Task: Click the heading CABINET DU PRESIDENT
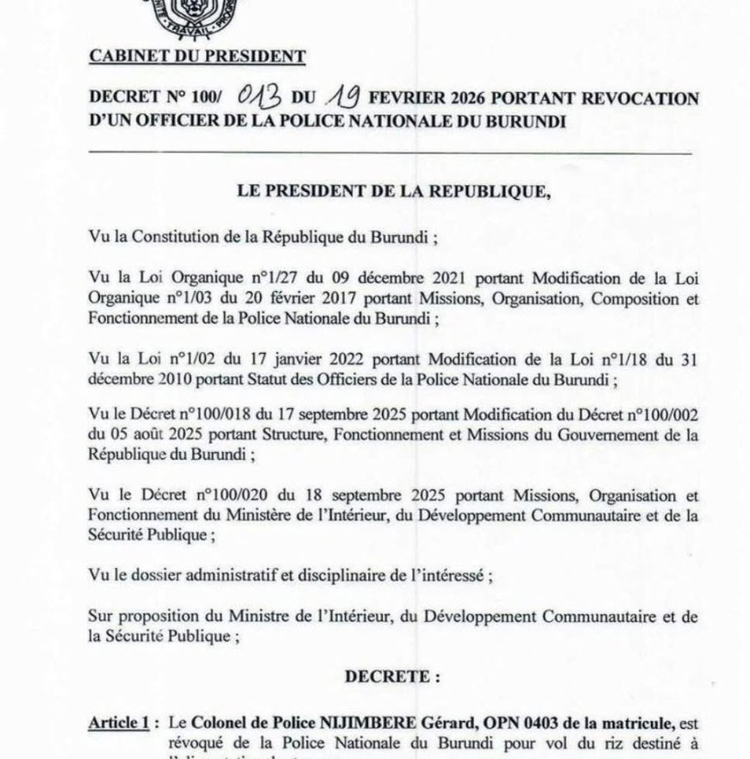197,58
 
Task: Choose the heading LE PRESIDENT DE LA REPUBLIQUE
393,192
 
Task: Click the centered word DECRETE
392,677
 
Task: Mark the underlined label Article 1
117,721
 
